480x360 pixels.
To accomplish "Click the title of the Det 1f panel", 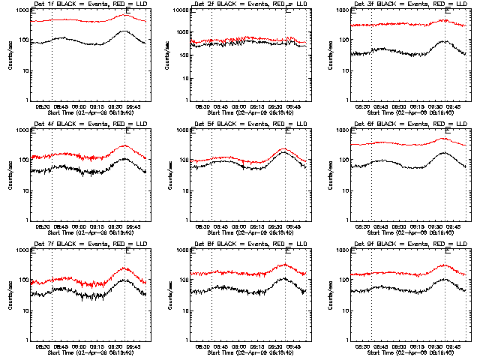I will pyautogui.click(x=89, y=4).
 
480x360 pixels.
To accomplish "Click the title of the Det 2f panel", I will pyautogui.click(x=250, y=4).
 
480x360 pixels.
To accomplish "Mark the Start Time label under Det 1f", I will pyautogui.click(x=89, y=113).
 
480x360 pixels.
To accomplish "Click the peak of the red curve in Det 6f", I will pyautogui.click(x=444, y=138).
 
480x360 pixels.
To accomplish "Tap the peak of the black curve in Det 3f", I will pyautogui.click(x=444, y=41).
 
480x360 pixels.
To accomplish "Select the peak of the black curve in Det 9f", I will pyautogui.click(x=444, y=279).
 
